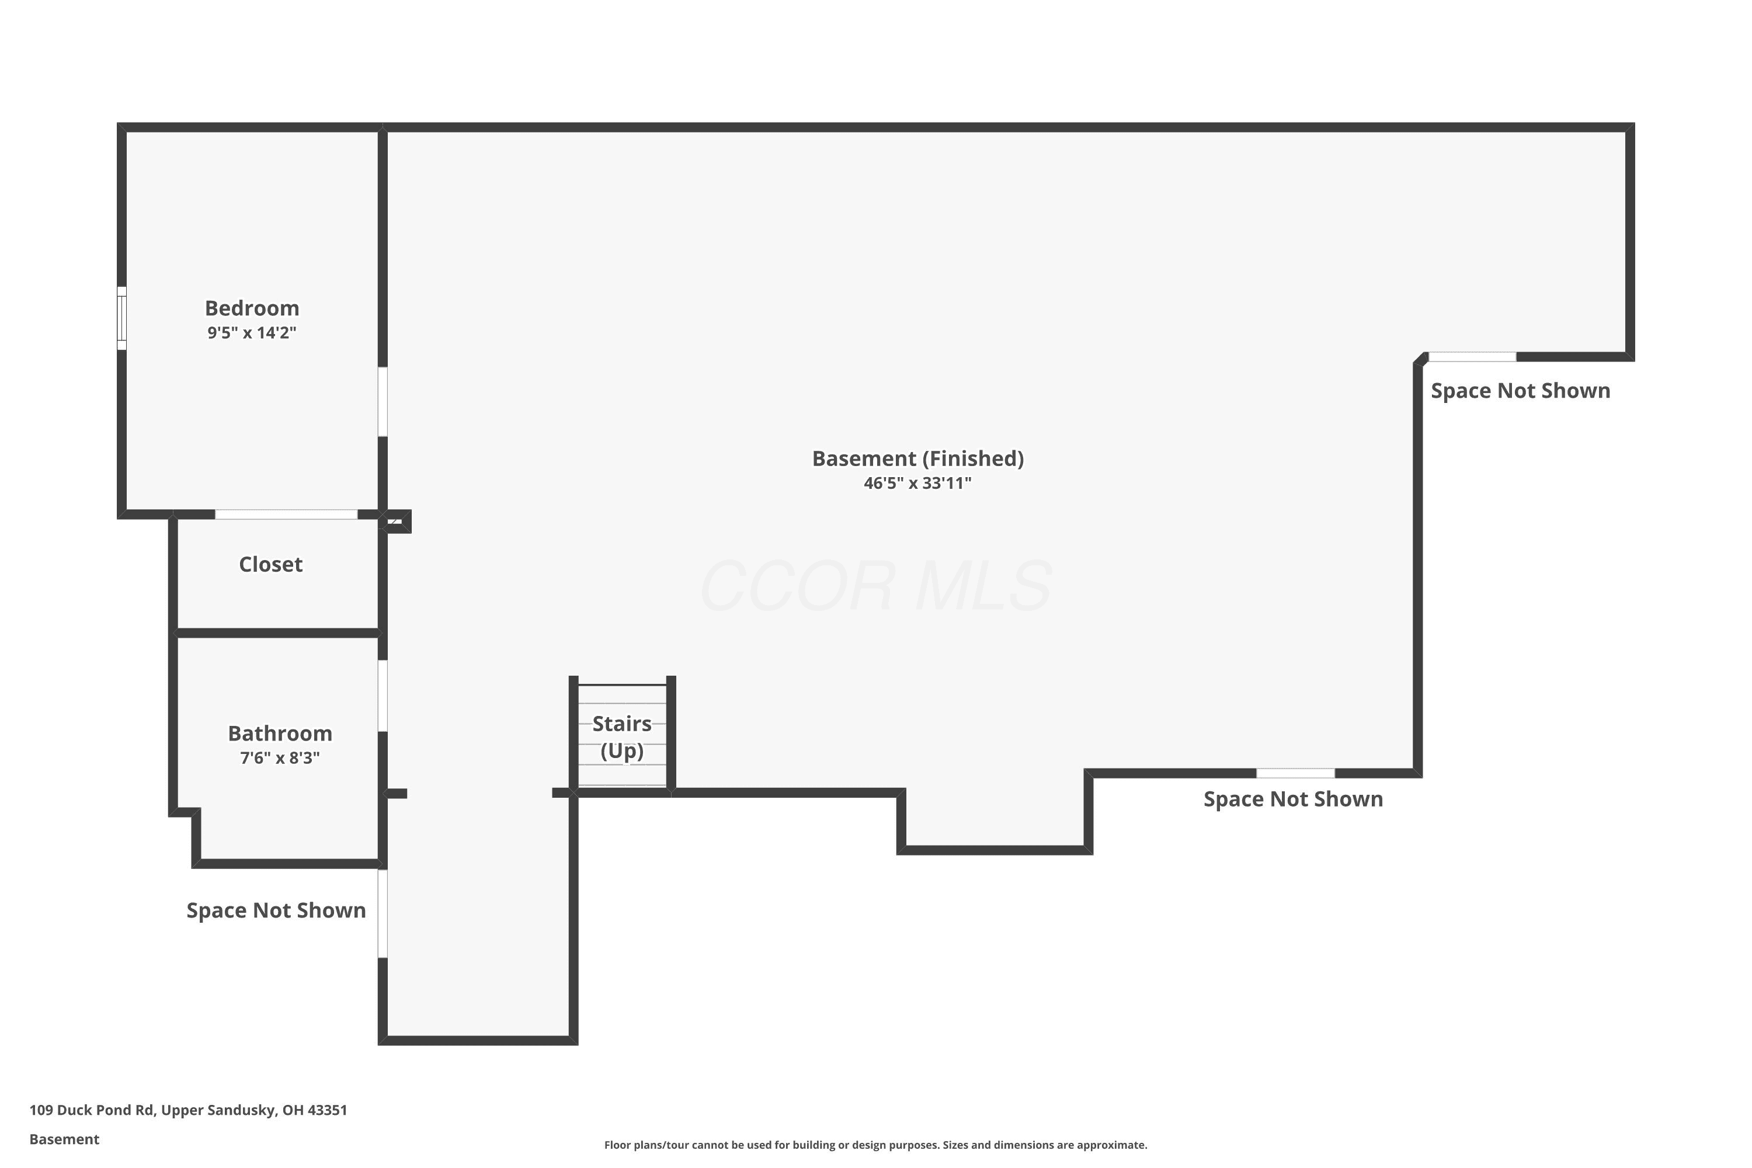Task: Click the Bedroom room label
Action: tap(252, 308)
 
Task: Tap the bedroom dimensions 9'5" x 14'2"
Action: tap(252, 333)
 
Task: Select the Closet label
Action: tap(270, 565)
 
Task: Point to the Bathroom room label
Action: tap(280, 734)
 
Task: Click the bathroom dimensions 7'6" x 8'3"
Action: tap(280, 758)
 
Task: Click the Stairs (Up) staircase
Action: tap(622, 735)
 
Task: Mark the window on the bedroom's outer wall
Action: tap(121, 318)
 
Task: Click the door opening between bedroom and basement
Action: tap(383, 402)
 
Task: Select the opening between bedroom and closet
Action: tap(286, 514)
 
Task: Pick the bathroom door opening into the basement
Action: tap(383, 696)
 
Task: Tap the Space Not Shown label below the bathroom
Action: tap(276, 910)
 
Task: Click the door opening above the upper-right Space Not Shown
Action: tap(1473, 357)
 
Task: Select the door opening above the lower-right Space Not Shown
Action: tap(1296, 773)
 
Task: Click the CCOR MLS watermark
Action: tap(876, 586)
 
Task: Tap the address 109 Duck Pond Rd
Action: tap(92, 1110)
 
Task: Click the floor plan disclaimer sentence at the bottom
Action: tap(876, 1145)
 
